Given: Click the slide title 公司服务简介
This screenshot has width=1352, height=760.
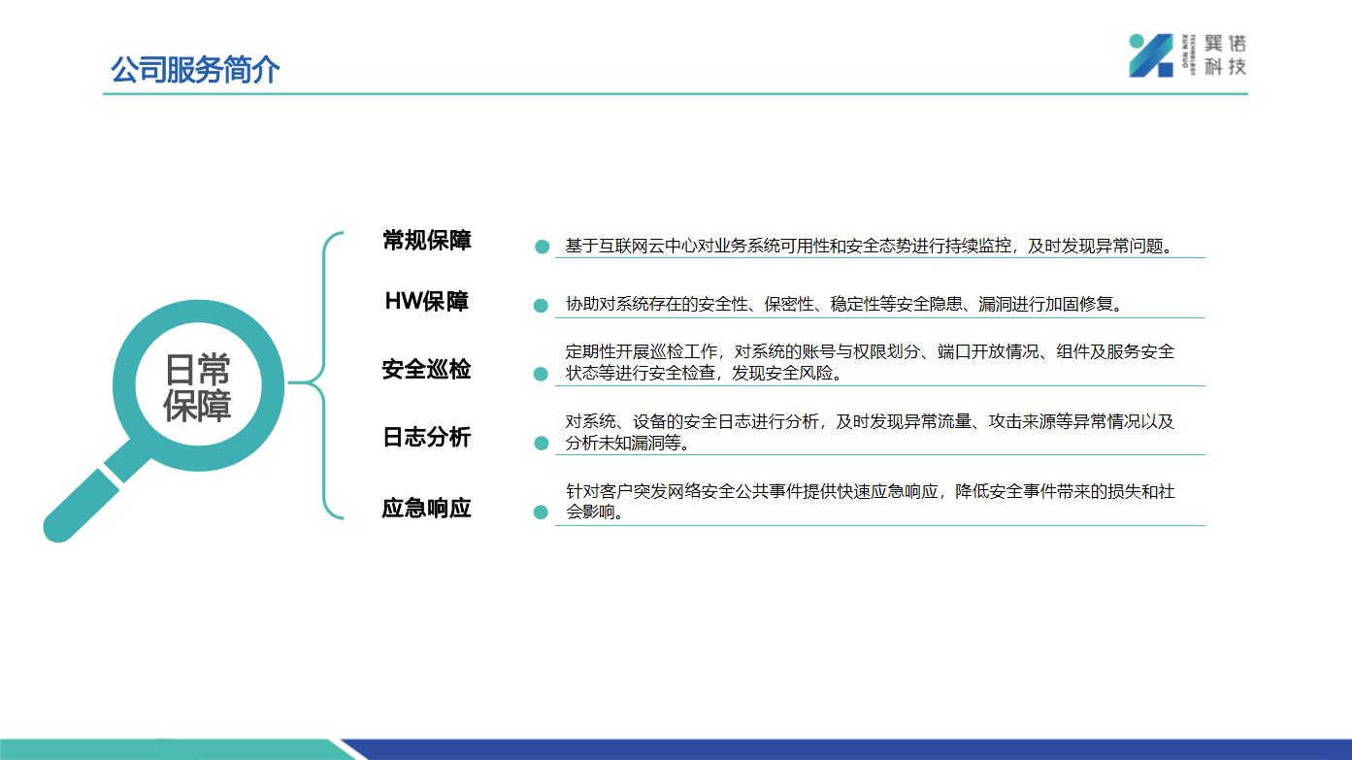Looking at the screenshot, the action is (195, 70).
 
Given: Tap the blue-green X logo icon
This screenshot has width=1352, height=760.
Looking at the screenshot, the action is (1150, 55).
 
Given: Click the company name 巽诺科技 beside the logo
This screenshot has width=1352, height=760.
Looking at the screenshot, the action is (1225, 55).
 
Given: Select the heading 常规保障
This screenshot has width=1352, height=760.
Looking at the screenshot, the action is (427, 241).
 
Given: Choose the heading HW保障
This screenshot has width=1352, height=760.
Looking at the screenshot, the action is (427, 301).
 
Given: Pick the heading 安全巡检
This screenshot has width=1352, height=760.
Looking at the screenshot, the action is (426, 370).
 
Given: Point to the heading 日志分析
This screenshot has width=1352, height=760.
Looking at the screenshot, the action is (427, 437).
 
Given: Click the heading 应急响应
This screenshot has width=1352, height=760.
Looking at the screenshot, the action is (426, 509).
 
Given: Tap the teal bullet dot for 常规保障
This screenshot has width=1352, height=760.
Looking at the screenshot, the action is (542, 247).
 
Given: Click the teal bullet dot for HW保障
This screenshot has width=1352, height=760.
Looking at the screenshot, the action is (541, 306).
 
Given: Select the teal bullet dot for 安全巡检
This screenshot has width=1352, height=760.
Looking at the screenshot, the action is (541, 375).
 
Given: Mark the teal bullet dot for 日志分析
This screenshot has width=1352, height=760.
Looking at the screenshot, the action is (542, 443).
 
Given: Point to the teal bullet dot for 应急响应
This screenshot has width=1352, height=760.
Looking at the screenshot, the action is (541, 512).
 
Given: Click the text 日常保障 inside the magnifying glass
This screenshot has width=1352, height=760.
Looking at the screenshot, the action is (197, 387).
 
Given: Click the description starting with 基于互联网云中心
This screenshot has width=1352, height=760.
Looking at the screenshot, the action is (869, 247).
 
